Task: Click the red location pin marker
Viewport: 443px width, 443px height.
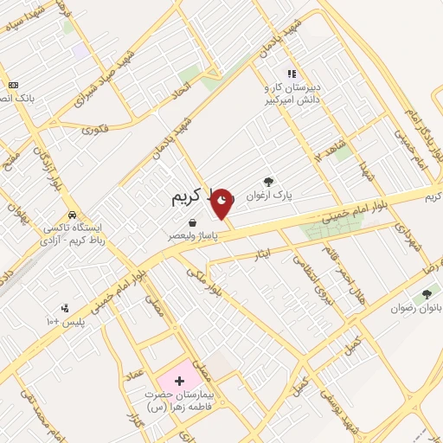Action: tap(222, 203)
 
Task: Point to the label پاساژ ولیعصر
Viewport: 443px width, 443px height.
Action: tap(193, 235)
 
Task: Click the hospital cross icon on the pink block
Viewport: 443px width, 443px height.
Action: tap(179, 381)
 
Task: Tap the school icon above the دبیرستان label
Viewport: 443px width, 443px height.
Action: tap(292, 74)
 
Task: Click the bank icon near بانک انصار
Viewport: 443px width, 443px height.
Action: tap(13, 85)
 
